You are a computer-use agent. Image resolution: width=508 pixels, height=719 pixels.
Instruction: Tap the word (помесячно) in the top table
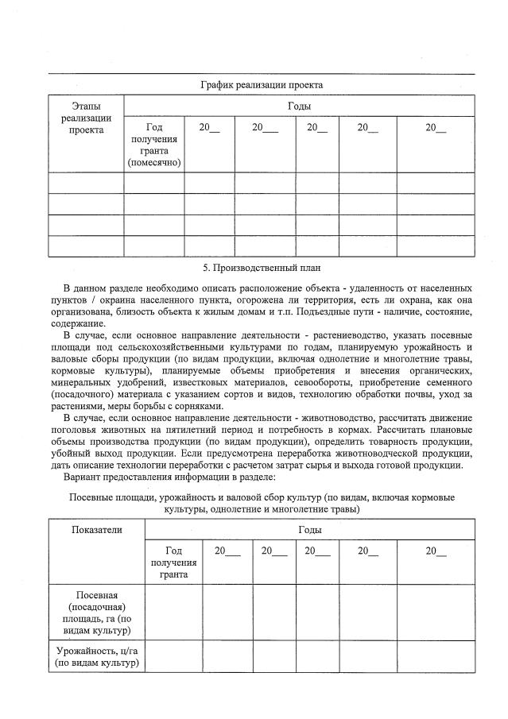tap(154, 162)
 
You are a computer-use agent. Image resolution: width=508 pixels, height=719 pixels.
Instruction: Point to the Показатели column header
tap(97, 530)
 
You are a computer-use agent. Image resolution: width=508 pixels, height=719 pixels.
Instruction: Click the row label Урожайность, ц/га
tap(97, 656)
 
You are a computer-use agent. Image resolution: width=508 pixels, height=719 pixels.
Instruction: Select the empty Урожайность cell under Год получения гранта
tap(173, 656)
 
